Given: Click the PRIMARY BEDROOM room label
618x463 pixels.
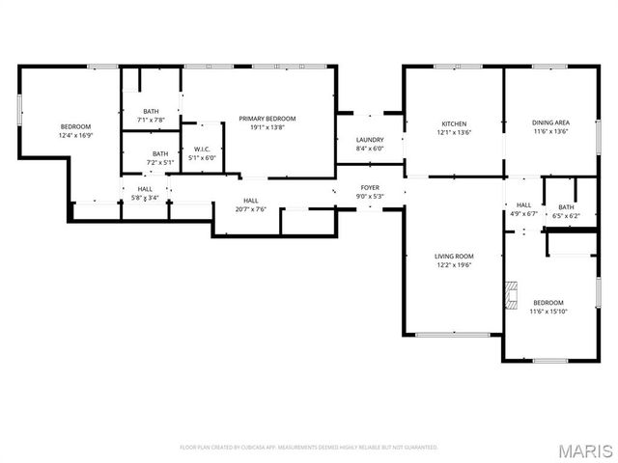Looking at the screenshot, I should pyautogui.click(x=267, y=118).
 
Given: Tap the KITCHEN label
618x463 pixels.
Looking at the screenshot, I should pyautogui.click(x=454, y=123).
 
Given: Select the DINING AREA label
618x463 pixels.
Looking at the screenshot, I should pyautogui.click(x=549, y=123).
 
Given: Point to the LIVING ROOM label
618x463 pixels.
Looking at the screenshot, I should pyautogui.click(x=452, y=256).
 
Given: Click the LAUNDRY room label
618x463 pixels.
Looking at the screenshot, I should pyautogui.click(x=370, y=140).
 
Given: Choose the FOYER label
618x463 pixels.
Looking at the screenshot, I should pyautogui.click(x=370, y=187).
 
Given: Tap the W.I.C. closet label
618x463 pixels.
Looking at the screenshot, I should pyautogui.click(x=204, y=149).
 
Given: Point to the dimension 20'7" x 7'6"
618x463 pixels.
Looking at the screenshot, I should pyautogui.click(x=250, y=209).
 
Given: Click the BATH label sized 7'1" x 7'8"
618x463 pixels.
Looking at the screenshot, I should pyautogui.click(x=152, y=111).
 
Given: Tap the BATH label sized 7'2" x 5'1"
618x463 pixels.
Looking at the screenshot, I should pyautogui.click(x=159, y=153).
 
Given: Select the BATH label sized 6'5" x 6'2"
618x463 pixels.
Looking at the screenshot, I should pyautogui.click(x=566, y=207).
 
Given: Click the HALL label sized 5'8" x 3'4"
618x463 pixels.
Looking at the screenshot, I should pyautogui.click(x=145, y=189).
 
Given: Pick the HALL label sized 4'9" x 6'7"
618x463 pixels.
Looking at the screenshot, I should pyautogui.click(x=523, y=204).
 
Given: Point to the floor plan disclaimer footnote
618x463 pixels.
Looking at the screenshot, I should pyautogui.click(x=309, y=448).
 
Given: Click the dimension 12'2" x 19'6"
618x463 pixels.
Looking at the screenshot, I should pyautogui.click(x=452, y=264).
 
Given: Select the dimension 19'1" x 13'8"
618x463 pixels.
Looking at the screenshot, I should pyautogui.click(x=267, y=126).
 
